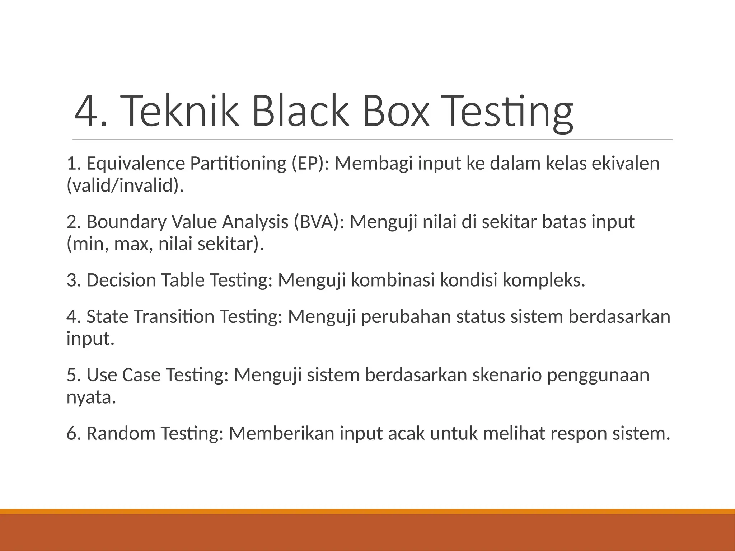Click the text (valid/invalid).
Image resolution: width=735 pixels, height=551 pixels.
(125, 186)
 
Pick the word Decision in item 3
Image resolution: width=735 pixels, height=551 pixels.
(121, 280)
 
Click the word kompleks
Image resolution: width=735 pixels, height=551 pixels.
(544, 280)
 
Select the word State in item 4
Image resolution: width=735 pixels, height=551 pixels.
(107, 317)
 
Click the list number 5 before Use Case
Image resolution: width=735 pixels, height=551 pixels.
(72, 375)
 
